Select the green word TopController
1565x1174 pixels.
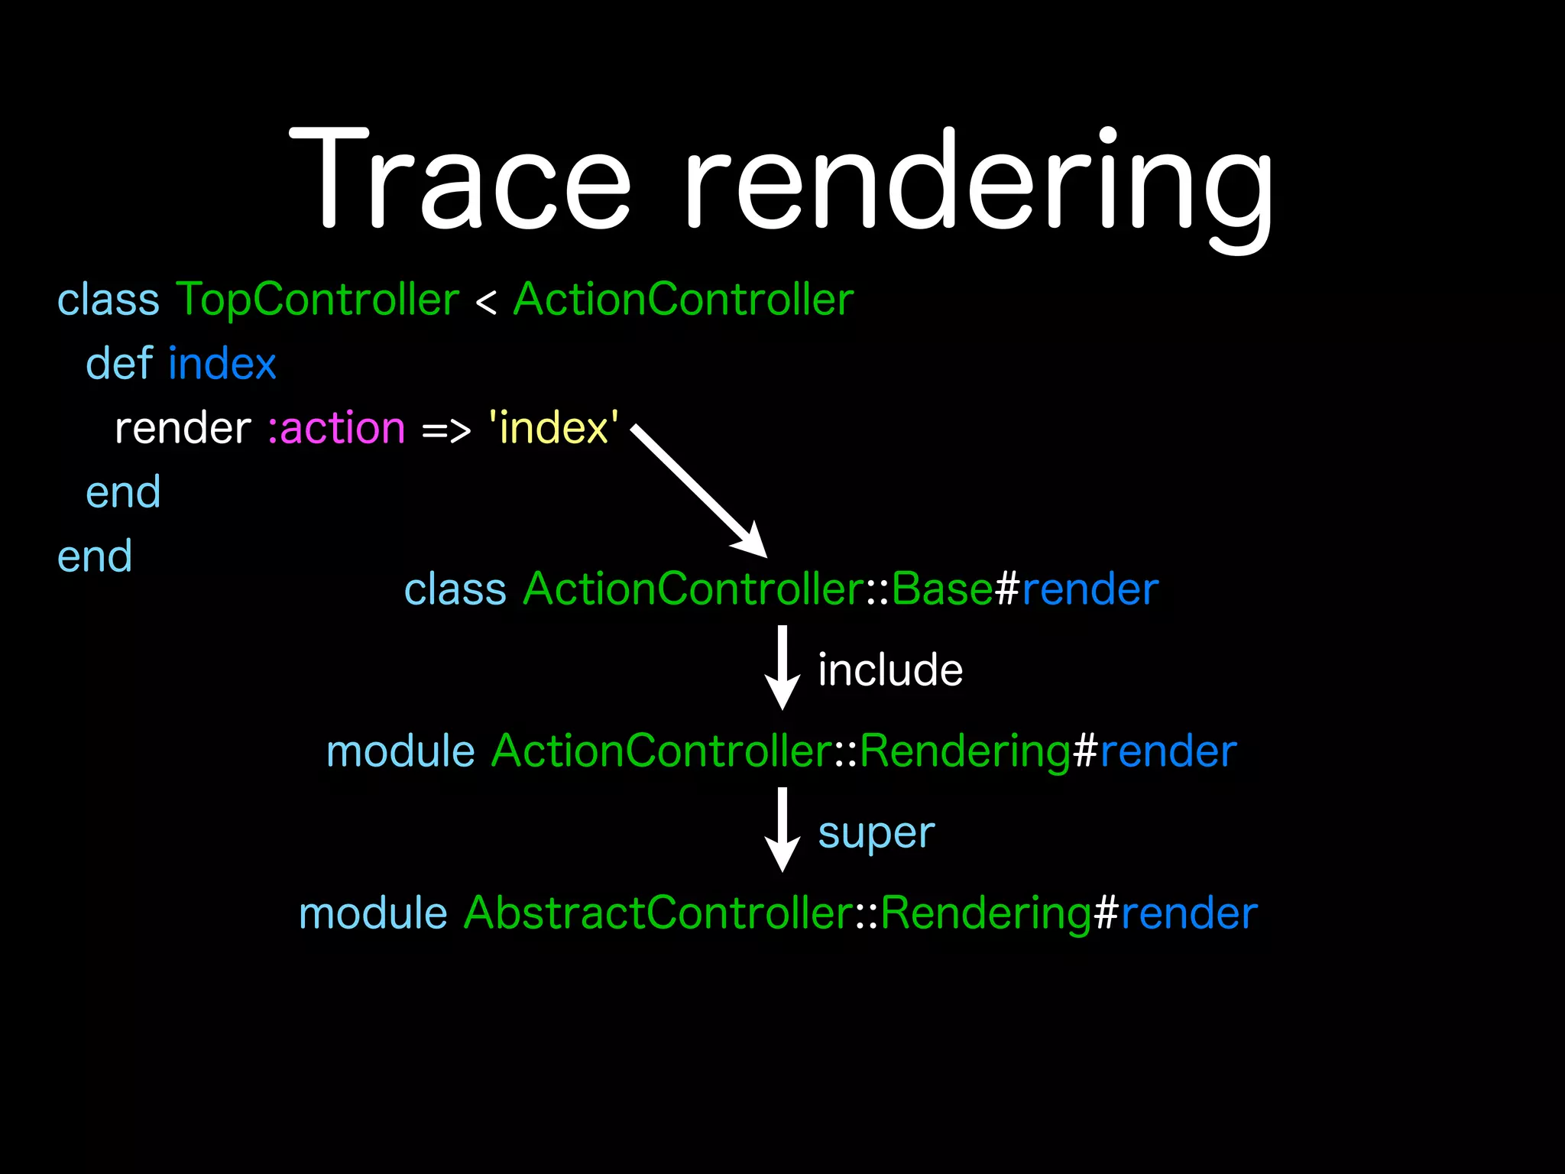click(x=318, y=300)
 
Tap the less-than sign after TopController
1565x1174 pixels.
click(x=486, y=303)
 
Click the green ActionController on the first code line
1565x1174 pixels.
click(x=683, y=300)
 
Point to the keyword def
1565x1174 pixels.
click(x=119, y=363)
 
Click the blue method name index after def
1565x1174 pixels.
click(x=222, y=363)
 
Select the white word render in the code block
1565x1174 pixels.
click(x=183, y=428)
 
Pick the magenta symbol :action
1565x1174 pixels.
click(x=336, y=428)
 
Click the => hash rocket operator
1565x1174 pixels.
click(x=446, y=430)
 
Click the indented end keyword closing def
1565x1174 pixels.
click(x=123, y=492)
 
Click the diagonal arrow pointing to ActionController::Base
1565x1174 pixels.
click(x=699, y=492)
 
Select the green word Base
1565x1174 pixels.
click(x=941, y=589)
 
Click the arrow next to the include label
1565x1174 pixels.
click(x=782, y=668)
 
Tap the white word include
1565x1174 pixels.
click(x=890, y=670)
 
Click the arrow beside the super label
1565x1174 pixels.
click(x=782, y=830)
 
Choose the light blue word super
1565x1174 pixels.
click(x=876, y=833)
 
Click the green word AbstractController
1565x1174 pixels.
click(x=658, y=913)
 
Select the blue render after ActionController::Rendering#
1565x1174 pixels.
click(x=1168, y=751)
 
